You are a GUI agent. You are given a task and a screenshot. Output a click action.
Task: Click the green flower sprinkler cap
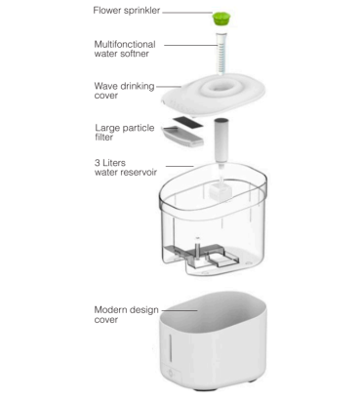(221, 18)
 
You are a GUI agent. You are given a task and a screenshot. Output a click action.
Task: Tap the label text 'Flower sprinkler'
(127, 11)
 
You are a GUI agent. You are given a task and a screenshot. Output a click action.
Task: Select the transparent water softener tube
(221, 53)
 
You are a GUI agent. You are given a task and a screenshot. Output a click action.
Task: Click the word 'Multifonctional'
(125, 44)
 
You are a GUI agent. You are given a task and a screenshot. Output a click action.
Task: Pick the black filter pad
(188, 122)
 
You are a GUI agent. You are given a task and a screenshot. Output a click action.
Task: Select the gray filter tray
(182, 136)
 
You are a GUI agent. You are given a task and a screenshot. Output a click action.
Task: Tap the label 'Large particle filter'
(125, 133)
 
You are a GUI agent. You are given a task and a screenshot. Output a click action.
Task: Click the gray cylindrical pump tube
(221, 140)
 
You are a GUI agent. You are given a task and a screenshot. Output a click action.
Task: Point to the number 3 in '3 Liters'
(98, 163)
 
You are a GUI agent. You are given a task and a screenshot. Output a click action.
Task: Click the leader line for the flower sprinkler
(187, 13)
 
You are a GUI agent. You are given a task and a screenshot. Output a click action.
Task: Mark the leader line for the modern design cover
(180, 310)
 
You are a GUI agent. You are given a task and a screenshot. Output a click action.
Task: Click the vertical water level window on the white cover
(170, 347)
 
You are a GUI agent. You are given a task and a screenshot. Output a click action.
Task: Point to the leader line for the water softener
(190, 45)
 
